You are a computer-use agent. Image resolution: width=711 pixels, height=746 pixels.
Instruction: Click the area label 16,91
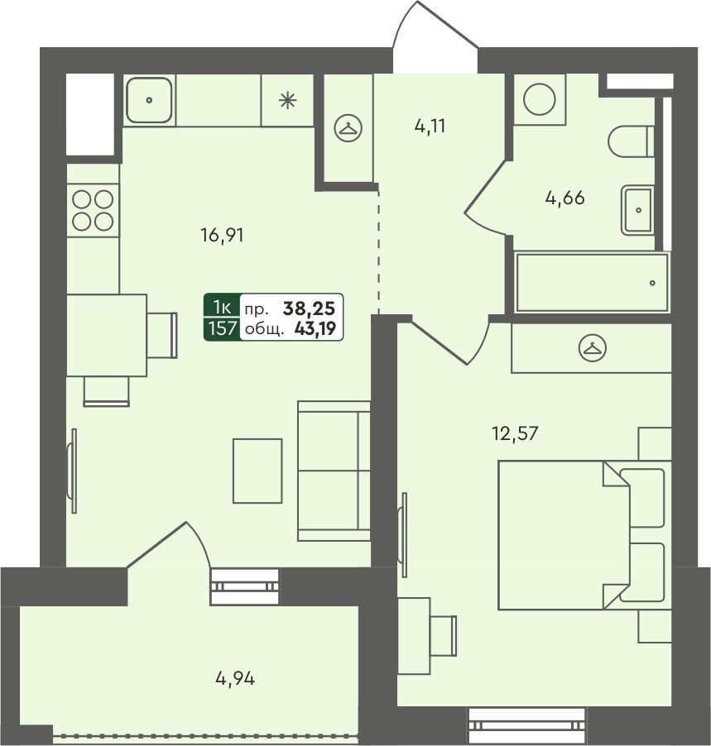point(222,235)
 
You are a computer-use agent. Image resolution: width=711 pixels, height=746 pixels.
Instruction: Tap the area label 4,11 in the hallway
point(430,127)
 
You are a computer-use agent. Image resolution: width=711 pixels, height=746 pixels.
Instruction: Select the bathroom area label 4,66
point(564,198)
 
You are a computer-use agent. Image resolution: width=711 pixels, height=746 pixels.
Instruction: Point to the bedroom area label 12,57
point(516,433)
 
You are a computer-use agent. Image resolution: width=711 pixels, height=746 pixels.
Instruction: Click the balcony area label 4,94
point(235,678)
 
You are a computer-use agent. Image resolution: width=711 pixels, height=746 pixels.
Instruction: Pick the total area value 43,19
point(315,328)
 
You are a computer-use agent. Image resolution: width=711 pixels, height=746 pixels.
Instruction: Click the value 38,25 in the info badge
point(309,308)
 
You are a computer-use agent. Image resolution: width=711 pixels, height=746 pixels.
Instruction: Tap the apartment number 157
point(223,328)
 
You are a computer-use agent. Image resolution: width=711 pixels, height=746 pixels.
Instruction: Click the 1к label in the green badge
point(222,308)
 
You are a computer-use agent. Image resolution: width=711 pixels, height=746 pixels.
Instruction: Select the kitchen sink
point(149,100)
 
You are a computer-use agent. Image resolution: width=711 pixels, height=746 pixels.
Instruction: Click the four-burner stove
point(93,210)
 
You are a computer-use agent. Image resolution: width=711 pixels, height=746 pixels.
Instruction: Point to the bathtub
point(592,282)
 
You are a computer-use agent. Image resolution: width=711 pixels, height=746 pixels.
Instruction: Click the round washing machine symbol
point(540,99)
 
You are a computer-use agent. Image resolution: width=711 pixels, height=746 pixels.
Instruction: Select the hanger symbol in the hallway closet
point(348,128)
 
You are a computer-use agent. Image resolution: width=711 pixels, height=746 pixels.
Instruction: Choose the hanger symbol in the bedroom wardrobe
point(593,348)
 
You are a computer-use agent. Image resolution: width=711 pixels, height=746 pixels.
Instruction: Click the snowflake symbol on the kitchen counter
point(288,100)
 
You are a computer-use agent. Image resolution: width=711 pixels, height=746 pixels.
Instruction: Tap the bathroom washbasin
point(637,210)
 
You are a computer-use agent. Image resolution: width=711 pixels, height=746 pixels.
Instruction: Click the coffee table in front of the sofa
point(257,471)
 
